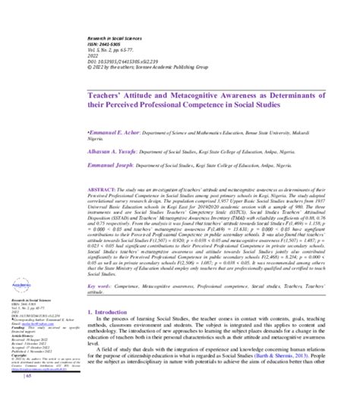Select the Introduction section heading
click(x=116, y=313)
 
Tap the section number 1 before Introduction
click(x=90, y=313)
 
